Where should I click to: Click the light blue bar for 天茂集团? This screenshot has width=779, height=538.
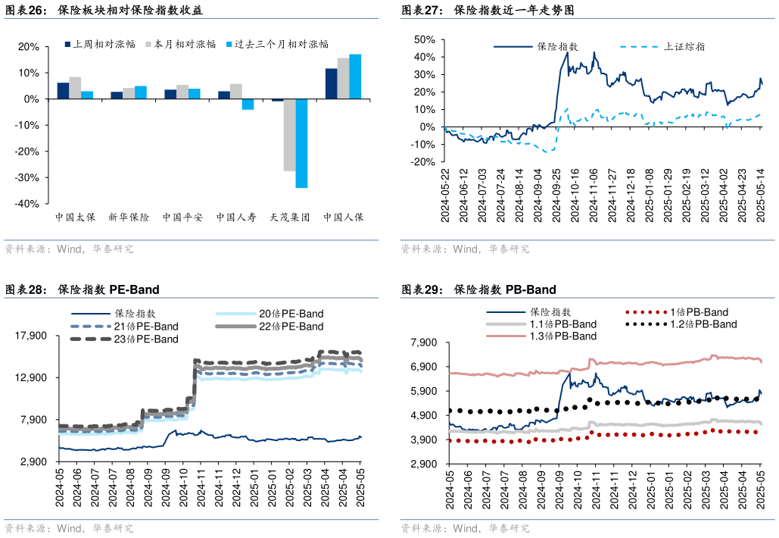301,143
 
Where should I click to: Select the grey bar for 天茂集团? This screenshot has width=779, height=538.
289,135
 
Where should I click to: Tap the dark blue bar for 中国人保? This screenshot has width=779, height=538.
331,83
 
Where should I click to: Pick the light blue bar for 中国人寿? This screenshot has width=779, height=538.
248,105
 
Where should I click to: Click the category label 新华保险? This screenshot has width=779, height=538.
129,217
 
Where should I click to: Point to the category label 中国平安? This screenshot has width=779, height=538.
182,217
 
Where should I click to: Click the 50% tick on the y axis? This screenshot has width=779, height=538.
424,39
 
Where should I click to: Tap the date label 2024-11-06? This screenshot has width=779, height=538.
594,195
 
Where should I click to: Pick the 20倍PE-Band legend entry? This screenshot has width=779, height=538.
291,314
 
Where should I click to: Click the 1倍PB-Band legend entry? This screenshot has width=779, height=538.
698,312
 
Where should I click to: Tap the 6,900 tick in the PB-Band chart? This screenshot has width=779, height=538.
424,367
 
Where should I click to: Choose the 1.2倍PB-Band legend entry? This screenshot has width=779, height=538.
703,324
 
